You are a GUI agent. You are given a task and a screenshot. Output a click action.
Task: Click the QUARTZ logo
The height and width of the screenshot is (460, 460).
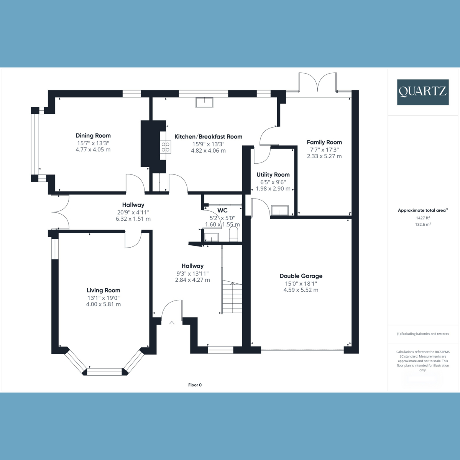tap(422, 92)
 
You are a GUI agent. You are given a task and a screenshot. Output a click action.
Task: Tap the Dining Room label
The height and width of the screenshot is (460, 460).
tap(93, 135)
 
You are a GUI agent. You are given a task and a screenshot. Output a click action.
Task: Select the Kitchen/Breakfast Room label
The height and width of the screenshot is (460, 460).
tap(208, 136)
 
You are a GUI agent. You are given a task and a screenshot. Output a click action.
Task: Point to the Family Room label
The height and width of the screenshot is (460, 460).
tap(324, 142)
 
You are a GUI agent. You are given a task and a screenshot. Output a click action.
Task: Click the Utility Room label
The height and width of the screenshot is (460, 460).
tap(273, 175)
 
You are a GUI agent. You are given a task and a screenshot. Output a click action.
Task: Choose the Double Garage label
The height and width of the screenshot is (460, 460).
tap(301, 276)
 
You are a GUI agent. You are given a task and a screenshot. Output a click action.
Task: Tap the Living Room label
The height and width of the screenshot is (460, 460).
tap(103, 290)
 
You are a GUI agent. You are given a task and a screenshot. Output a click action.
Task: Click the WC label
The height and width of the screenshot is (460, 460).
tap(222, 210)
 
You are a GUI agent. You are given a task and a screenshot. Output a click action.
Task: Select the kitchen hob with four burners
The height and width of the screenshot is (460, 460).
tap(166, 147)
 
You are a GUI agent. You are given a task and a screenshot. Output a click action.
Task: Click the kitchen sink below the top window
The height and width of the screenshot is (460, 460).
tap(204, 103)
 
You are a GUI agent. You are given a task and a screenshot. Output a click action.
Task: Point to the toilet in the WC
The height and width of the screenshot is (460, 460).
tap(233, 234)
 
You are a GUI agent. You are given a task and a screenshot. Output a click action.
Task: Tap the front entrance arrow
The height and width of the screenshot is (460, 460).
tap(172, 324)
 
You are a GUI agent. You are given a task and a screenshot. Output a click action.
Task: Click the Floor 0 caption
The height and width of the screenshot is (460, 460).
tap(195, 385)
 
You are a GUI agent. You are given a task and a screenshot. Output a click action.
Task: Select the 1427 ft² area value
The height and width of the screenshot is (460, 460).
tap(420, 218)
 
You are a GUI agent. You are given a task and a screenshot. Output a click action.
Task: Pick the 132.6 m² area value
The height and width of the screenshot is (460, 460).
tap(422, 225)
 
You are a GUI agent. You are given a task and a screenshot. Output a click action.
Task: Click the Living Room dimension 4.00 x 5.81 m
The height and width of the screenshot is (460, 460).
tap(103, 304)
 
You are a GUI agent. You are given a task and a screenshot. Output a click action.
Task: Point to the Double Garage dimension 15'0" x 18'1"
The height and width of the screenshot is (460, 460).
tap(301, 284)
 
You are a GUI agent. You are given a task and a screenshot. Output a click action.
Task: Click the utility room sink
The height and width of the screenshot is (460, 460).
tap(279, 210)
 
